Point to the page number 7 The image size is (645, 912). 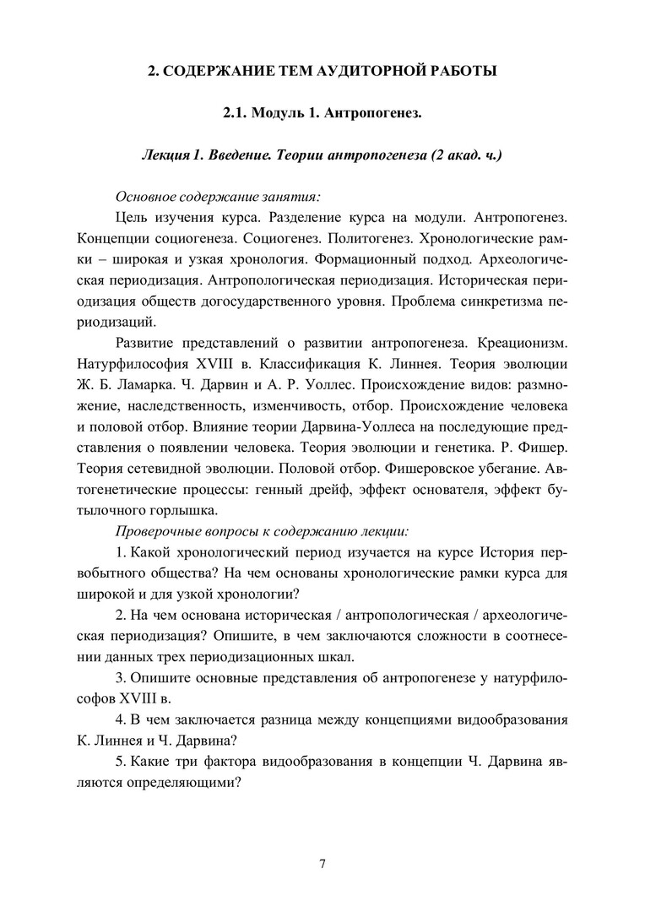[322, 862]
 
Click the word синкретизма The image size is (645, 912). [494, 301]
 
